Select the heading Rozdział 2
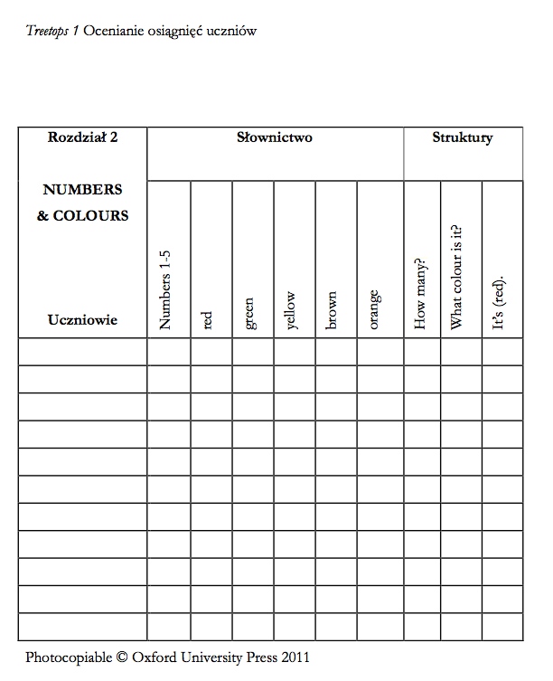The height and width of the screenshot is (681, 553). [82, 138]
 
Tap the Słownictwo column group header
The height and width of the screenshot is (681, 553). [275, 138]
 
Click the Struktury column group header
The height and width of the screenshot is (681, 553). [462, 138]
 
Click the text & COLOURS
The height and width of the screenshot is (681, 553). [82, 216]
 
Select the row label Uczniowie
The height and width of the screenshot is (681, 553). [82, 320]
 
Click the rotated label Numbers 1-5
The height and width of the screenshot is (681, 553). [165, 290]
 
